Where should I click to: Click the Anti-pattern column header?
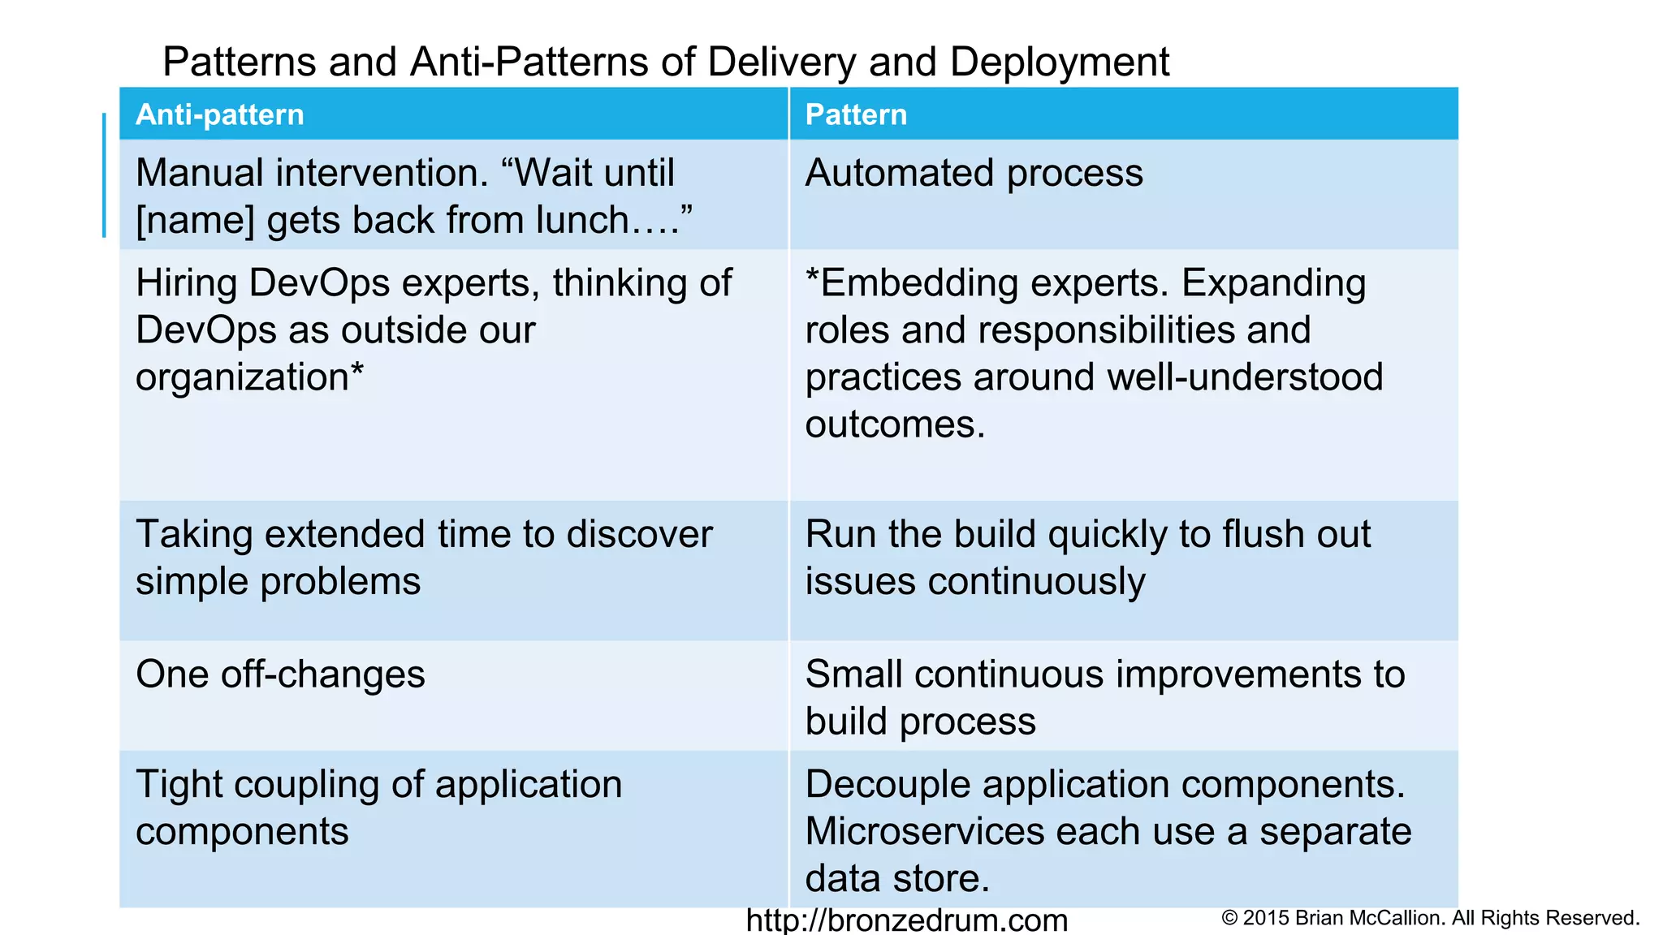tap(219, 114)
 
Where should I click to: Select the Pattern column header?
tap(856, 114)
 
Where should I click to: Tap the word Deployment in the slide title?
tap(1060, 62)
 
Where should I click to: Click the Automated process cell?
tap(974, 173)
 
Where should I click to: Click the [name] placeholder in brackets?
tap(195, 221)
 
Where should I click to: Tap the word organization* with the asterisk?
tap(249, 377)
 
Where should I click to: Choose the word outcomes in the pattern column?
tap(895, 424)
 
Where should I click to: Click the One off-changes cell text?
tap(280, 674)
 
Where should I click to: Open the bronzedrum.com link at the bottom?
tap(906, 920)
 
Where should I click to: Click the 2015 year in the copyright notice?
tap(1266, 918)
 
